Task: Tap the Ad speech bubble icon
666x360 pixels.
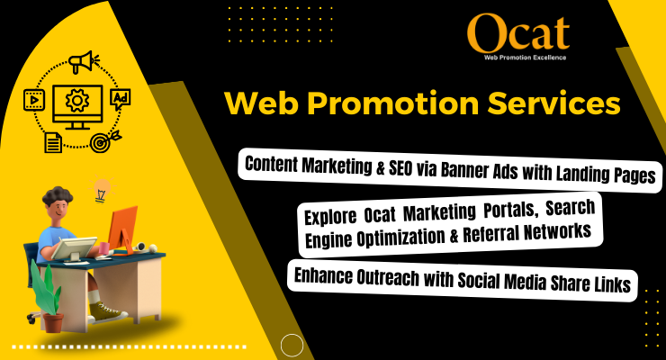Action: (x=119, y=98)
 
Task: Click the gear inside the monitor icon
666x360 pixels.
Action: (x=76, y=99)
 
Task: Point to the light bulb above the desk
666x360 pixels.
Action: (x=102, y=190)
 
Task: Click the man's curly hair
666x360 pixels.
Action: (x=55, y=198)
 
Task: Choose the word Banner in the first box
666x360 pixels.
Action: (x=452, y=172)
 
